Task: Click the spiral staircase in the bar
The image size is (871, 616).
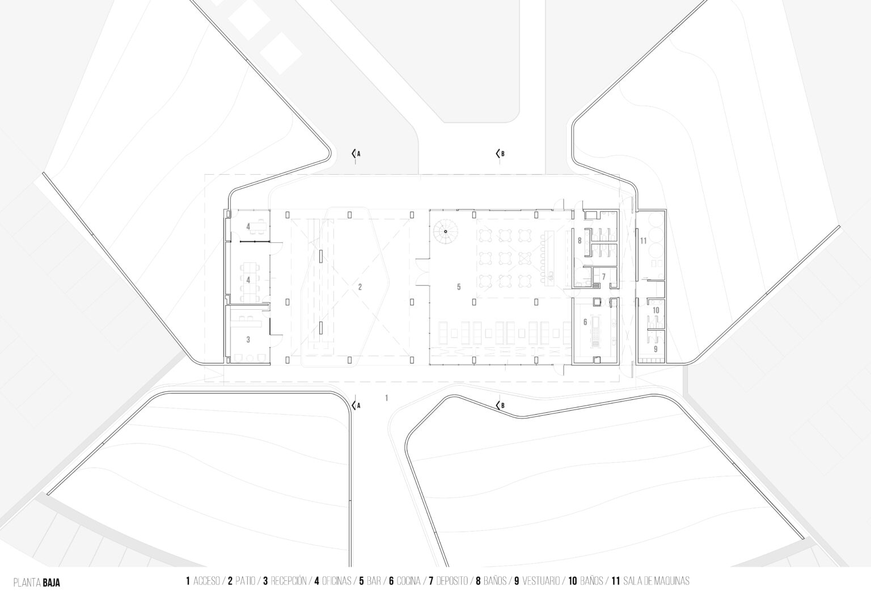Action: (x=446, y=232)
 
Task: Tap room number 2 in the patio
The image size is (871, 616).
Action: (x=360, y=287)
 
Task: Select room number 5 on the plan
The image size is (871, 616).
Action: (x=459, y=287)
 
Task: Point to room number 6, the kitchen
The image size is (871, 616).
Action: (x=585, y=322)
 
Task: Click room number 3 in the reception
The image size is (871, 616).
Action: (x=248, y=340)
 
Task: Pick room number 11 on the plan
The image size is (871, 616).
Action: (x=643, y=241)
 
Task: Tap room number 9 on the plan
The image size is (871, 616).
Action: (x=656, y=349)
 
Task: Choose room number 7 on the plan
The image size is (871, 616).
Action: (x=603, y=277)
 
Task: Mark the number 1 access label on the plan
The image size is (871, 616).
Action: (x=387, y=398)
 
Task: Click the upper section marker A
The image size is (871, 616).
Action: (x=356, y=154)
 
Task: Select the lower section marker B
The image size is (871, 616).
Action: (x=500, y=405)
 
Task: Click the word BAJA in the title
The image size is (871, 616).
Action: (x=52, y=583)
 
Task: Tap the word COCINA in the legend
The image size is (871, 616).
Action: (x=408, y=581)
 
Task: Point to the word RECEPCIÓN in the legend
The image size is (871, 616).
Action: (x=289, y=581)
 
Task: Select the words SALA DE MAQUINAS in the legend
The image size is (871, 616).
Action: (x=656, y=581)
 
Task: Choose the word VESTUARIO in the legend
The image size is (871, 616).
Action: (x=542, y=581)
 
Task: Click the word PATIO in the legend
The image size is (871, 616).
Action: (x=246, y=581)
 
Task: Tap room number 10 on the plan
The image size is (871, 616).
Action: (x=656, y=310)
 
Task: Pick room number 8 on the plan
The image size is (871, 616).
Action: (x=580, y=241)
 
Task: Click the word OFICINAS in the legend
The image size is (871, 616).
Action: (x=337, y=581)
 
